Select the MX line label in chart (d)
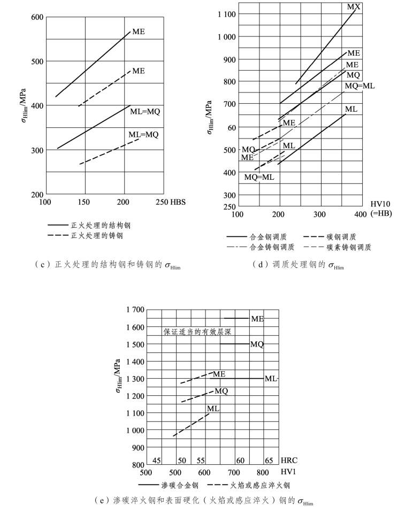353,7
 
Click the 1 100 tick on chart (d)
225,14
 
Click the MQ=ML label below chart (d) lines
259,177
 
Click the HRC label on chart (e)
289,460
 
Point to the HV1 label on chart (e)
287,473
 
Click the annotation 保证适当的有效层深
196,332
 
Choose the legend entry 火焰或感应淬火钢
259,486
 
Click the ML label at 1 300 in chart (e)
271,379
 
